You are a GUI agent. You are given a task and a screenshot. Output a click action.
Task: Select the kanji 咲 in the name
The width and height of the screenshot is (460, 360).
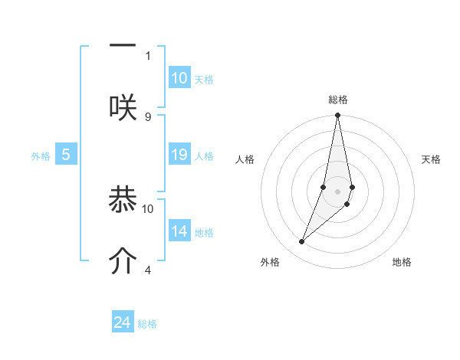pos(123,106)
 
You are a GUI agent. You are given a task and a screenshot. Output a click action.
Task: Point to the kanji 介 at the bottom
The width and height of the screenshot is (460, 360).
pos(123,260)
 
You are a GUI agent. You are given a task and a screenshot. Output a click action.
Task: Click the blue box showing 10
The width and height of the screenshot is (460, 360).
pos(179,78)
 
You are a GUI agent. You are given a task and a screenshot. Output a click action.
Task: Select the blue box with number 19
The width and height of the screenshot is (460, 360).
pos(179,155)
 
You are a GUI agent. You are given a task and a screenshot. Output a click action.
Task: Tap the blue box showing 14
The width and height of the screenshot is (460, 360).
pos(179,231)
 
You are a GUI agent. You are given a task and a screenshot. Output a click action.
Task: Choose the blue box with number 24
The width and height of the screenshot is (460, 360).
pos(123,322)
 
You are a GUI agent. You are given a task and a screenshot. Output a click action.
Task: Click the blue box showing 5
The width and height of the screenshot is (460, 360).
pos(66,155)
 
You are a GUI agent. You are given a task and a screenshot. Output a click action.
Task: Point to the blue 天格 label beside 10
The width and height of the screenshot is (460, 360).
pos(204,80)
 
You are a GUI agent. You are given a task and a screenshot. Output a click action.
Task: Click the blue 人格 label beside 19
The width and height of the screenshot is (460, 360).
pos(204,156)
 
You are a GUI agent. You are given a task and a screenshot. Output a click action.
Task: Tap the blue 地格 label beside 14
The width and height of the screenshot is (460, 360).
pos(204,233)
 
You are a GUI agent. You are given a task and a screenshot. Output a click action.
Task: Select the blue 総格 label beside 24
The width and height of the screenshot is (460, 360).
pos(147,324)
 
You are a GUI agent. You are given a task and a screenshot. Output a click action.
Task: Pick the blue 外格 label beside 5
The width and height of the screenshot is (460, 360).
pos(41,156)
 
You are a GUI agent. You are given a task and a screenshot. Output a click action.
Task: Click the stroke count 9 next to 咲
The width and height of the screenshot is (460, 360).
pos(148,116)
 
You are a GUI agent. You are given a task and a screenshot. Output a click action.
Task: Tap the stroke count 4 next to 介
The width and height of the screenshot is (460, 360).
pos(148,270)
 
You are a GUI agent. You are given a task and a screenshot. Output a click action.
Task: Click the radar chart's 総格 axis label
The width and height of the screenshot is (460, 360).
pos(338,100)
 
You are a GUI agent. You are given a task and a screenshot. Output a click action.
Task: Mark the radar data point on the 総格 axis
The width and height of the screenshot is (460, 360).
pos(337,116)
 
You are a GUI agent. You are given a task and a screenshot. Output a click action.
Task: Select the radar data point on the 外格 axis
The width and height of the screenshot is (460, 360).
pos(302,241)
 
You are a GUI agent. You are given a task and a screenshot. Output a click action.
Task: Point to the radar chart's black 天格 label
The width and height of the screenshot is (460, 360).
pos(432,159)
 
